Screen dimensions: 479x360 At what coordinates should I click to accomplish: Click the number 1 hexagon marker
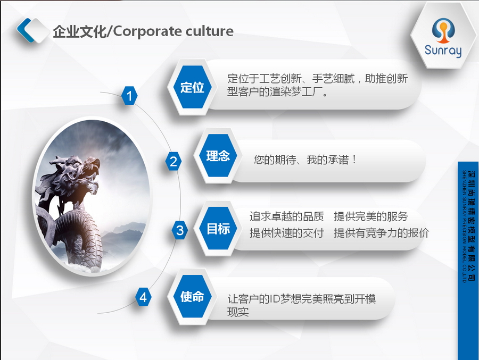[129, 96]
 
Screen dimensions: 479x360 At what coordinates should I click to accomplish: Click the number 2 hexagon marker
[173, 161]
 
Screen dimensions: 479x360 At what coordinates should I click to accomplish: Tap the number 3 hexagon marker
[180, 230]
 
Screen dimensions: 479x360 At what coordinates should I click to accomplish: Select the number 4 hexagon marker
[143, 297]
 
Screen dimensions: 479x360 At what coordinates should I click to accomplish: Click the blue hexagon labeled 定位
[192, 87]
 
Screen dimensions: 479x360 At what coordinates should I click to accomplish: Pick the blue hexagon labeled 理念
[218, 155]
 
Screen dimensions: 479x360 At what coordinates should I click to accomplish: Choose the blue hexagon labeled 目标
[218, 229]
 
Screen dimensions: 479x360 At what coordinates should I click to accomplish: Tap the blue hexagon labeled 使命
[192, 297]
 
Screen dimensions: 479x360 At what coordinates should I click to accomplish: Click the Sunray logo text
[443, 51]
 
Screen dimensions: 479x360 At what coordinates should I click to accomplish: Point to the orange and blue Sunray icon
[443, 30]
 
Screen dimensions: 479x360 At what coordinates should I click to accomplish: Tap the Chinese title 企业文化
[79, 31]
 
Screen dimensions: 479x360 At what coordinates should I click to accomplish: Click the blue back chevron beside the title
[26, 30]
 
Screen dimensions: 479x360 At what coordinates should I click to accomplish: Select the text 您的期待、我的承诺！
[305, 160]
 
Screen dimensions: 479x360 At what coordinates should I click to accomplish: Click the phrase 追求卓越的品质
[286, 216]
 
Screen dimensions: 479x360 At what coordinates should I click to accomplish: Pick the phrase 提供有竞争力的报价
[382, 233]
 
